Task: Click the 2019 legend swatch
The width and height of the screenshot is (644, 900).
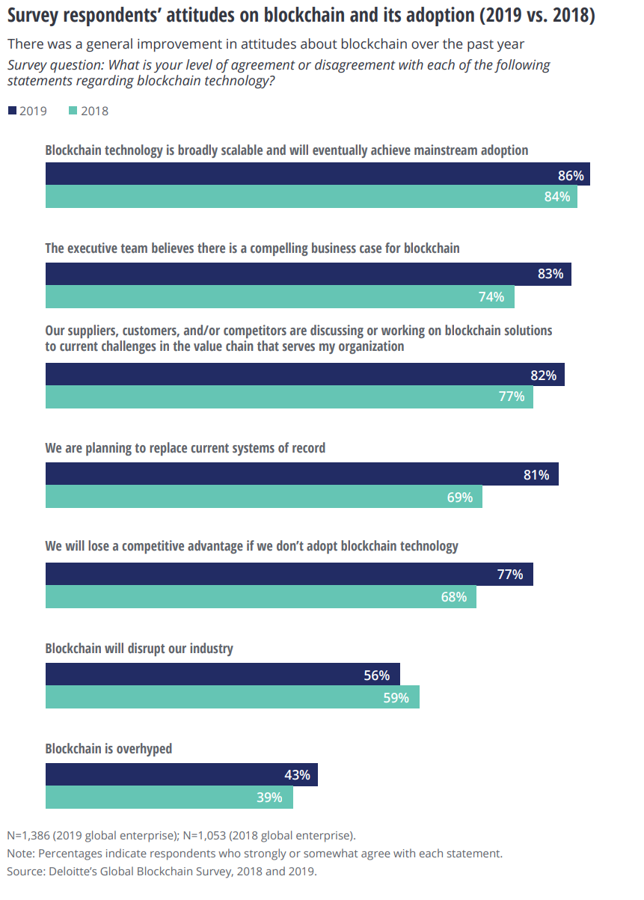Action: pyautogui.click(x=12, y=111)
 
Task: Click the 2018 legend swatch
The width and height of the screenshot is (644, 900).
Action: pyautogui.click(x=73, y=111)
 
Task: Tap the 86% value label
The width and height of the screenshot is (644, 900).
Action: pyautogui.click(x=571, y=176)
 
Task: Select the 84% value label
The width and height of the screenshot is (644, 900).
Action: pyautogui.click(x=556, y=197)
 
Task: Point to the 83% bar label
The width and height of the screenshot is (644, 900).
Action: pyautogui.click(x=551, y=274)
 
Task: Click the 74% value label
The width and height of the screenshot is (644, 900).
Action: pyautogui.click(x=491, y=296)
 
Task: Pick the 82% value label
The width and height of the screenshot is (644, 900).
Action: pyautogui.click(x=543, y=375)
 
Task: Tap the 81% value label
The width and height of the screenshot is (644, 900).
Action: pyautogui.click(x=536, y=474)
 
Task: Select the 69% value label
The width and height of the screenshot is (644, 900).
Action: pyautogui.click(x=459, y=497)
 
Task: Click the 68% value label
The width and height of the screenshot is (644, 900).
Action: pyautogui.click(x=453, y=597)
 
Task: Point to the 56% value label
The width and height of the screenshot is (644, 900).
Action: pyautogui.click(x=376, y=675)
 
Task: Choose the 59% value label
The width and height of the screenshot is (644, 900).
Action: pyautogui.click(x=396, y=697)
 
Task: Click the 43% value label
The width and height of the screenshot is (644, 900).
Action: pyautogui.click(x=297, y=774)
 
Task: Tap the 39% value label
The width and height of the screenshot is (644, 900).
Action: pyautogui.click(x=269, y=798)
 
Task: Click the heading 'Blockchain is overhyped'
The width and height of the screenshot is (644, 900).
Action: pyautogui.click(x=108, y=749)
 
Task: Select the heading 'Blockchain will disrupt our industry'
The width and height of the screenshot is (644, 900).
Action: pyautogui.click(x=139, y=649)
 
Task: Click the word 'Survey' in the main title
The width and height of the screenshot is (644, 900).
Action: pyautogui.click(x=33, y=15)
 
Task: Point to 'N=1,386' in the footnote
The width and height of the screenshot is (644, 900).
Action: pyautogui.click(x=28, y=836)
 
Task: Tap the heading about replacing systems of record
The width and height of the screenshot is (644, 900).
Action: pyautogui.click(x=185, y=448)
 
